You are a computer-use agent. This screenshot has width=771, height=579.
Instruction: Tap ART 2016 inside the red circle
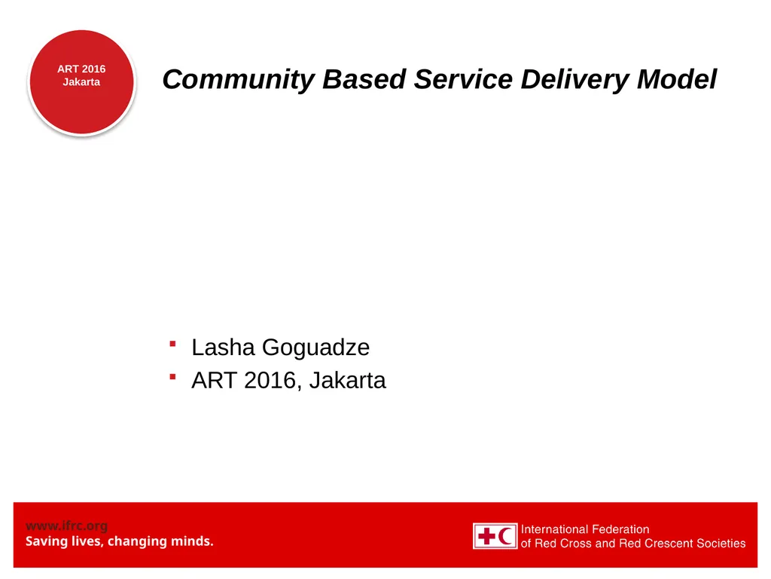tap(81, 69)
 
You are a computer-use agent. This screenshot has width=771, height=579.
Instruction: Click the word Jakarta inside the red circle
tap(81, 82)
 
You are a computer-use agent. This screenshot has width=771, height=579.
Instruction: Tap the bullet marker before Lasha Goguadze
tap(172, 345)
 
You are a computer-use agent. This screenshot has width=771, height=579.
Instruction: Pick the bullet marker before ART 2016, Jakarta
tap(172, 377)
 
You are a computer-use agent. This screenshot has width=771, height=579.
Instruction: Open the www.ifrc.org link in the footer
tap(66, 525)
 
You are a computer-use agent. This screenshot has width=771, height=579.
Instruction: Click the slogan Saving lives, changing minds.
tap(120, 541)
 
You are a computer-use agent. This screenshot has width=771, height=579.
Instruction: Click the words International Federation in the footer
tap(585, 529)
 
